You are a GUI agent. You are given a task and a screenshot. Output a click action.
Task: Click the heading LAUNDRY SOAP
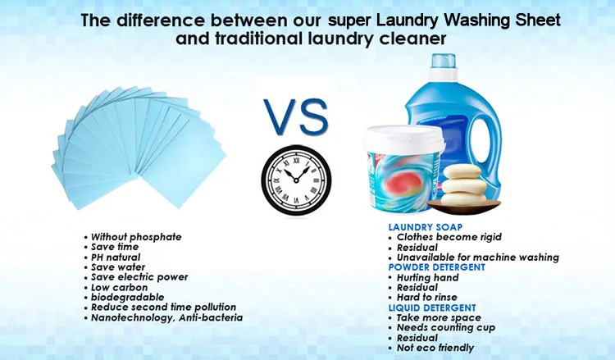426,227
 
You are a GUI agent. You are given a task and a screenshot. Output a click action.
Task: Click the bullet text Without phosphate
135,237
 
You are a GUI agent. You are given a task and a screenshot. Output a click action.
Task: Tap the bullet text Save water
118,267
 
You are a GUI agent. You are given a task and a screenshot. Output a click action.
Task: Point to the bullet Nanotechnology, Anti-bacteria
166,317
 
